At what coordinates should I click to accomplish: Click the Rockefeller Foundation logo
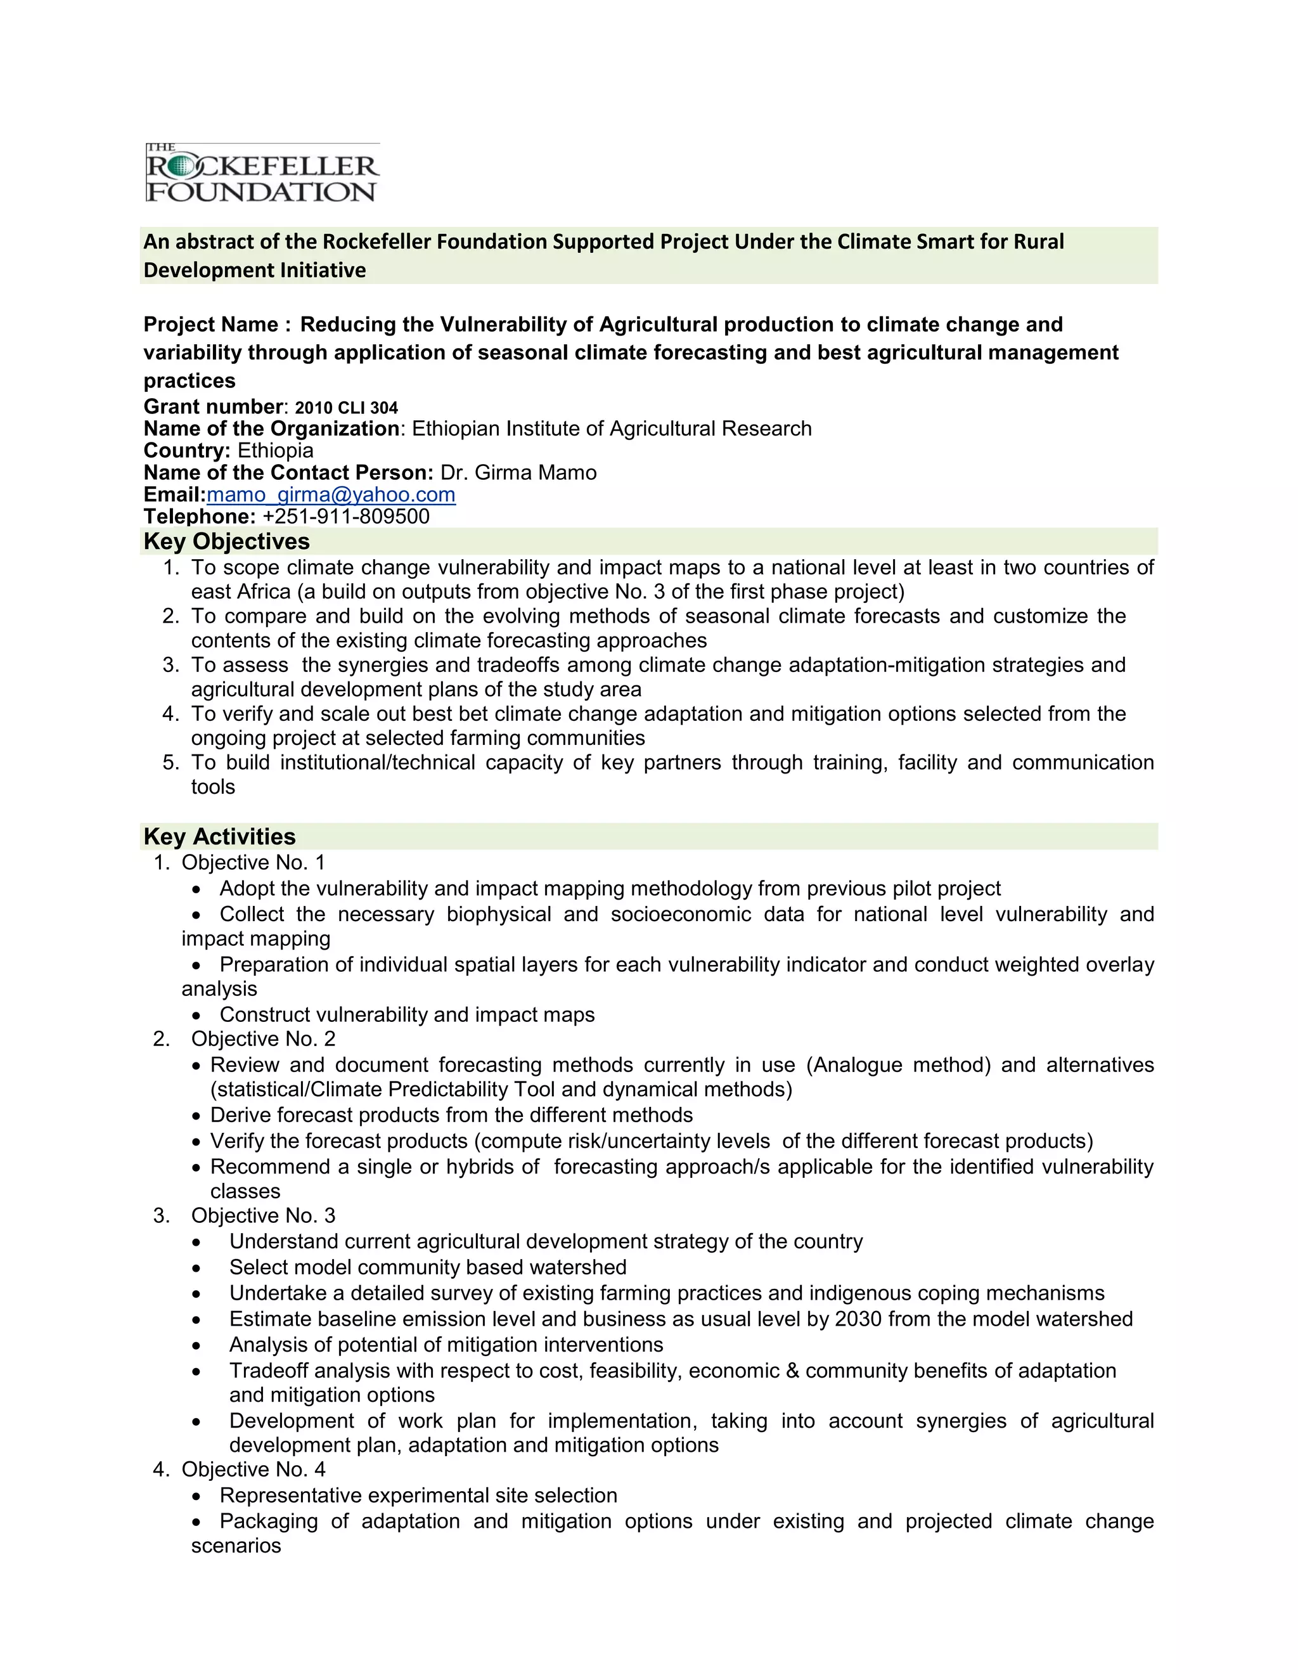262,172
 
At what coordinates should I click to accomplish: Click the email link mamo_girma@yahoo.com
331,494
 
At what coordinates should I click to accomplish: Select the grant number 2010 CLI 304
346,408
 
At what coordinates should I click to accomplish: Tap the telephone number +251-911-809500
346,517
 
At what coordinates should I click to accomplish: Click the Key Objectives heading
226,541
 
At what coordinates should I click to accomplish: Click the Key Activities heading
219,837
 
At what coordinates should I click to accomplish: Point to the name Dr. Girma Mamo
518,472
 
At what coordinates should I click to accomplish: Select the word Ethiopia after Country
275,451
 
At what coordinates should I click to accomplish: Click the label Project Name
213,325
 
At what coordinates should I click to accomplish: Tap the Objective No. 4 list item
253,1470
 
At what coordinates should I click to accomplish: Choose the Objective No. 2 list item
263,1039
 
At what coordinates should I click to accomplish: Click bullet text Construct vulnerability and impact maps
407,1014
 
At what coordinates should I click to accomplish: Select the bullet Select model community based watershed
428,1268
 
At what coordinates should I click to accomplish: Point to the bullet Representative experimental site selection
418,1496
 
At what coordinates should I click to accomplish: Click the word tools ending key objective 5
213,787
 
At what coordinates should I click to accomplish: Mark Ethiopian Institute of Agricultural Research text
612,429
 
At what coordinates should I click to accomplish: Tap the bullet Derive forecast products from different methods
451,1115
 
